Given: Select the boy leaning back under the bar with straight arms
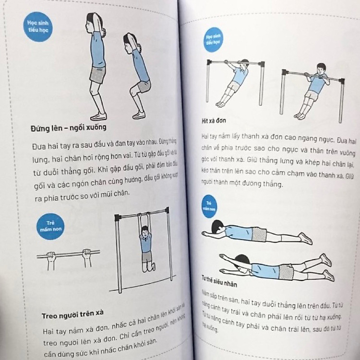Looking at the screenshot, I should click(x=234, y=82).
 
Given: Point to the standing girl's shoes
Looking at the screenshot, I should click(x=98, y=116).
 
